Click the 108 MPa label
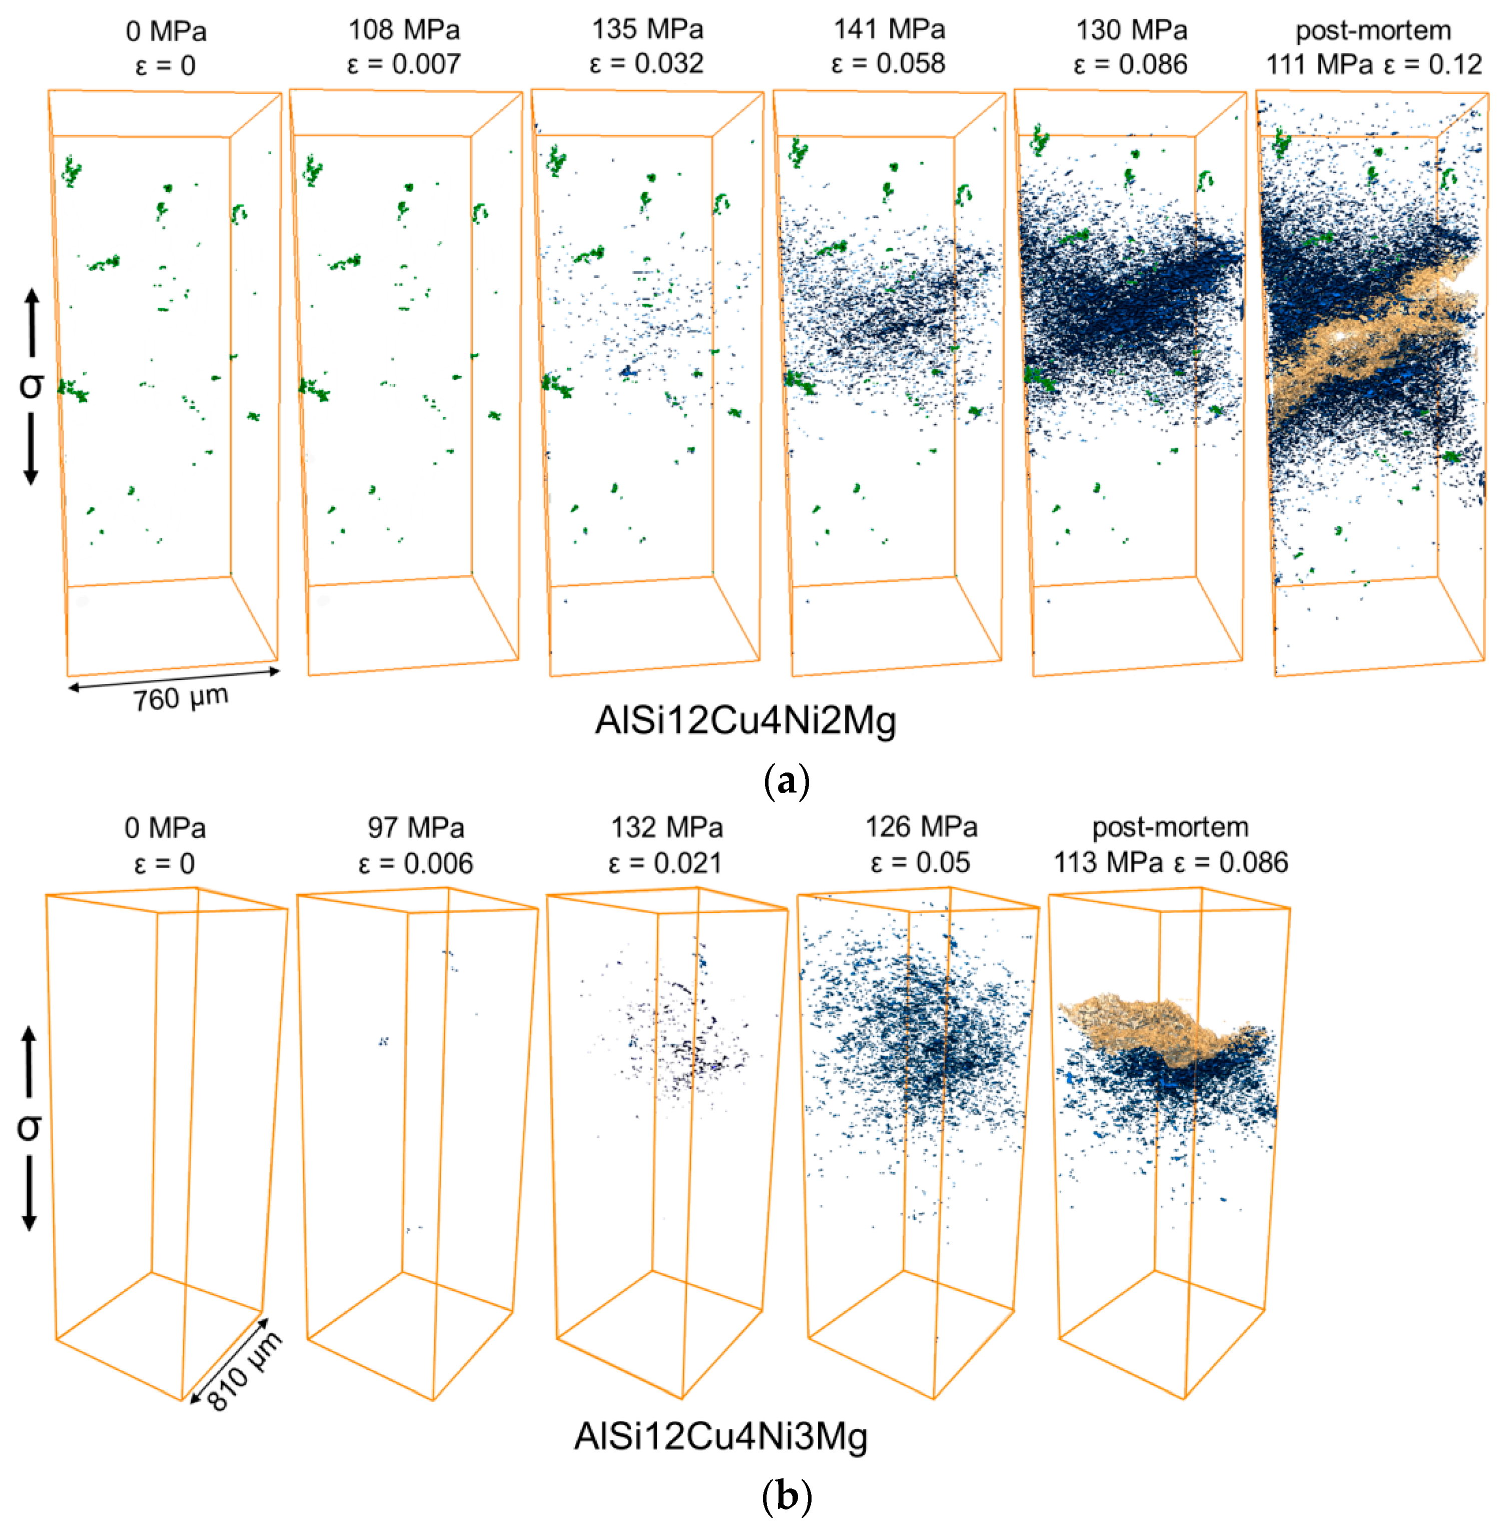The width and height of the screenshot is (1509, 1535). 404,30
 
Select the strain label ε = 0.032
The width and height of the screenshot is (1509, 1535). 647,64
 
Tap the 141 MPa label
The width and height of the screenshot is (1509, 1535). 889,30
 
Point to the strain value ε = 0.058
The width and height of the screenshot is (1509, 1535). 889,64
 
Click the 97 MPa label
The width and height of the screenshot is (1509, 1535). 415,828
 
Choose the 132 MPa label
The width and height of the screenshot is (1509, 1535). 666,828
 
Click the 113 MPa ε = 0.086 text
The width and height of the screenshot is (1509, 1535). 1171,862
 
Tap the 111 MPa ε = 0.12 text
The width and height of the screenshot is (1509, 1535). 1373,64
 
